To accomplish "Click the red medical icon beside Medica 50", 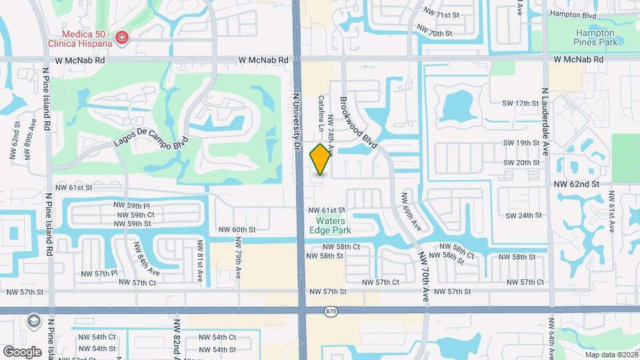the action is (121, 38).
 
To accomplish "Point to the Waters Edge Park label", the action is (330, 225).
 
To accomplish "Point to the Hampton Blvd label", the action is (573, 15).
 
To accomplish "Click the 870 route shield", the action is (331, 311).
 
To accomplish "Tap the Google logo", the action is (22, 351).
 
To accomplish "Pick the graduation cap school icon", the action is (32, 321).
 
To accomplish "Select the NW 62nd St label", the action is (577, 183).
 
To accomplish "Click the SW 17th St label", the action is (521, 103).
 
